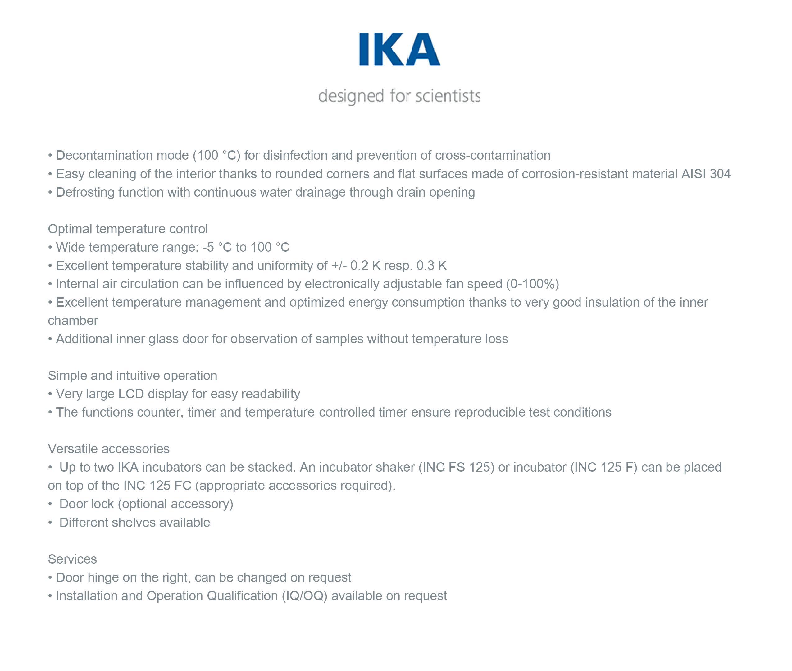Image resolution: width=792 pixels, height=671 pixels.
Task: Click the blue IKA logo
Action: (399, 49)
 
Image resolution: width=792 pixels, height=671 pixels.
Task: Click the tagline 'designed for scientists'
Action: (399, 96)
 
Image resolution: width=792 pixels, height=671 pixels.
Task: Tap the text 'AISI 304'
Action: (706, 174)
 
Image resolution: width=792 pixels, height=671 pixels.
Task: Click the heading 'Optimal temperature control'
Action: (128, 229)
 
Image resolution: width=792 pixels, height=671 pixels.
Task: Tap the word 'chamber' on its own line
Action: (73, 321)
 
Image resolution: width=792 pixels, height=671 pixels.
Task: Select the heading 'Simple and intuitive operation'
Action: (132, 376)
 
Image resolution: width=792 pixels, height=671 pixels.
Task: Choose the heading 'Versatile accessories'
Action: (108, 449)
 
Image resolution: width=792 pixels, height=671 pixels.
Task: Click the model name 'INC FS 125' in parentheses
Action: (456, 467)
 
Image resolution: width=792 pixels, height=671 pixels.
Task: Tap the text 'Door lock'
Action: (86, 504)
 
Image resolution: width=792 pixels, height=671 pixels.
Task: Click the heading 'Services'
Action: (72, 559)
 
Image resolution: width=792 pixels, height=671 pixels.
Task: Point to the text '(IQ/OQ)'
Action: (304, 596)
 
